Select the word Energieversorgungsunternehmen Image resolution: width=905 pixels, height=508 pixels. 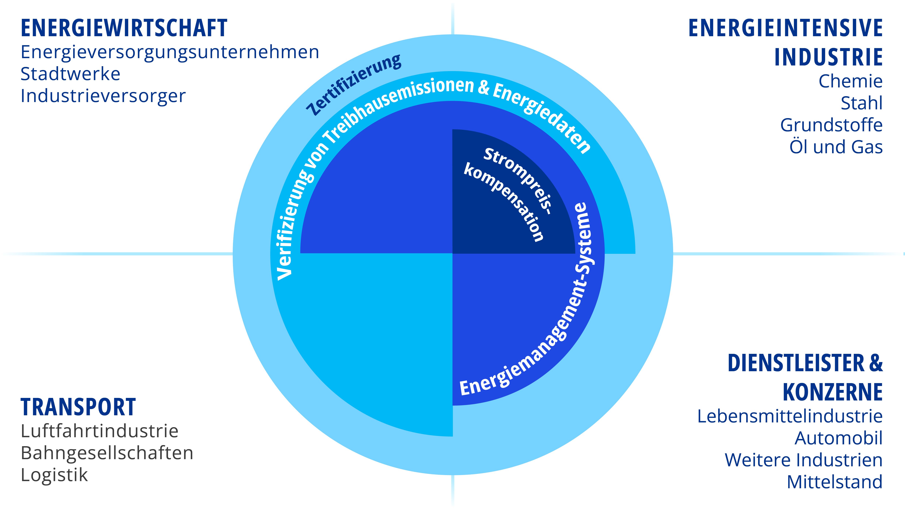[x=170, y=52]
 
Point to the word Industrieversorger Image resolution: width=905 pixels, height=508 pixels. [x=103, y=96]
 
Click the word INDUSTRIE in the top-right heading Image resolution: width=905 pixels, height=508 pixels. [x=828, y=57]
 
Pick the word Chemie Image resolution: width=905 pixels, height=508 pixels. [x=850, y=82]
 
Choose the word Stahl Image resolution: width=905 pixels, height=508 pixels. [x=862, y=103]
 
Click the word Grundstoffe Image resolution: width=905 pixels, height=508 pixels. [x=831, y=125]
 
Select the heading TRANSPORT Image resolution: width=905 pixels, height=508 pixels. [x=78, y=407]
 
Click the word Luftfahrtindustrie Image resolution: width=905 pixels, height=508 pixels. [x=99, y=431]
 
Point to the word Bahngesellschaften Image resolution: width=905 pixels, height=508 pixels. [x=107, y=453]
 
